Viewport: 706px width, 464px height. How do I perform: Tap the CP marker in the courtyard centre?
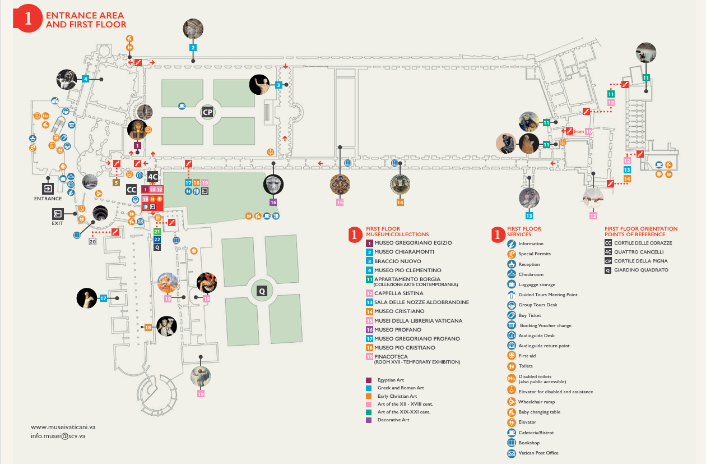208,112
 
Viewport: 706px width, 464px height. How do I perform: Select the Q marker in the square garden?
261,291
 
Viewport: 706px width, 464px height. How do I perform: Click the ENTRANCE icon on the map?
48,189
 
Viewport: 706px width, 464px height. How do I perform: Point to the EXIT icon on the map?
58,214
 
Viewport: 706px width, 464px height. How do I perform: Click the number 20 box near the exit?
92,242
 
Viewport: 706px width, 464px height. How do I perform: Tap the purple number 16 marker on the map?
273,202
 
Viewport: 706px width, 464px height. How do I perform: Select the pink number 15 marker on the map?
340,202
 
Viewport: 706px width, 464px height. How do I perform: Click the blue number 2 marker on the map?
193,48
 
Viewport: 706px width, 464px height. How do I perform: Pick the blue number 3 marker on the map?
278,85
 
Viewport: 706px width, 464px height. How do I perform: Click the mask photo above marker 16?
273,184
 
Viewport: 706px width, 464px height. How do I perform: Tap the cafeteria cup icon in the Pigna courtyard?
182,105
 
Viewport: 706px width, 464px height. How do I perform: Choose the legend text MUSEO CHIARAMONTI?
404,252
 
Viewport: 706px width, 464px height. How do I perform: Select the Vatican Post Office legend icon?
511,453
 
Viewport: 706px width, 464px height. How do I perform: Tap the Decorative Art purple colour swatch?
369,420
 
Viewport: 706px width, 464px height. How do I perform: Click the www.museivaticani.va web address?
63,426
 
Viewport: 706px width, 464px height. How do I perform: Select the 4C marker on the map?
152,176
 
